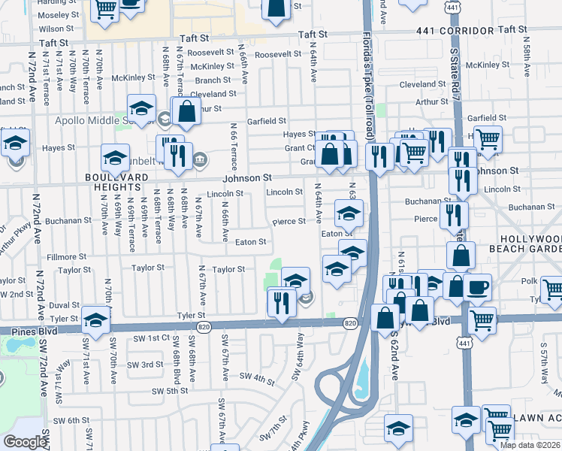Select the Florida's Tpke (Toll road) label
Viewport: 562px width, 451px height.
[368, 79]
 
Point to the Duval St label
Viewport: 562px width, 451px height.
[65, 305]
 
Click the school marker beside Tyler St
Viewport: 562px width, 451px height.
[95, 319]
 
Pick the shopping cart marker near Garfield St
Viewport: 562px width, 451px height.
[488, 139]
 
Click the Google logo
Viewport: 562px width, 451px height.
[25, 442]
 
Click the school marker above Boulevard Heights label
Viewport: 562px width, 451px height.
[115, 158]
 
